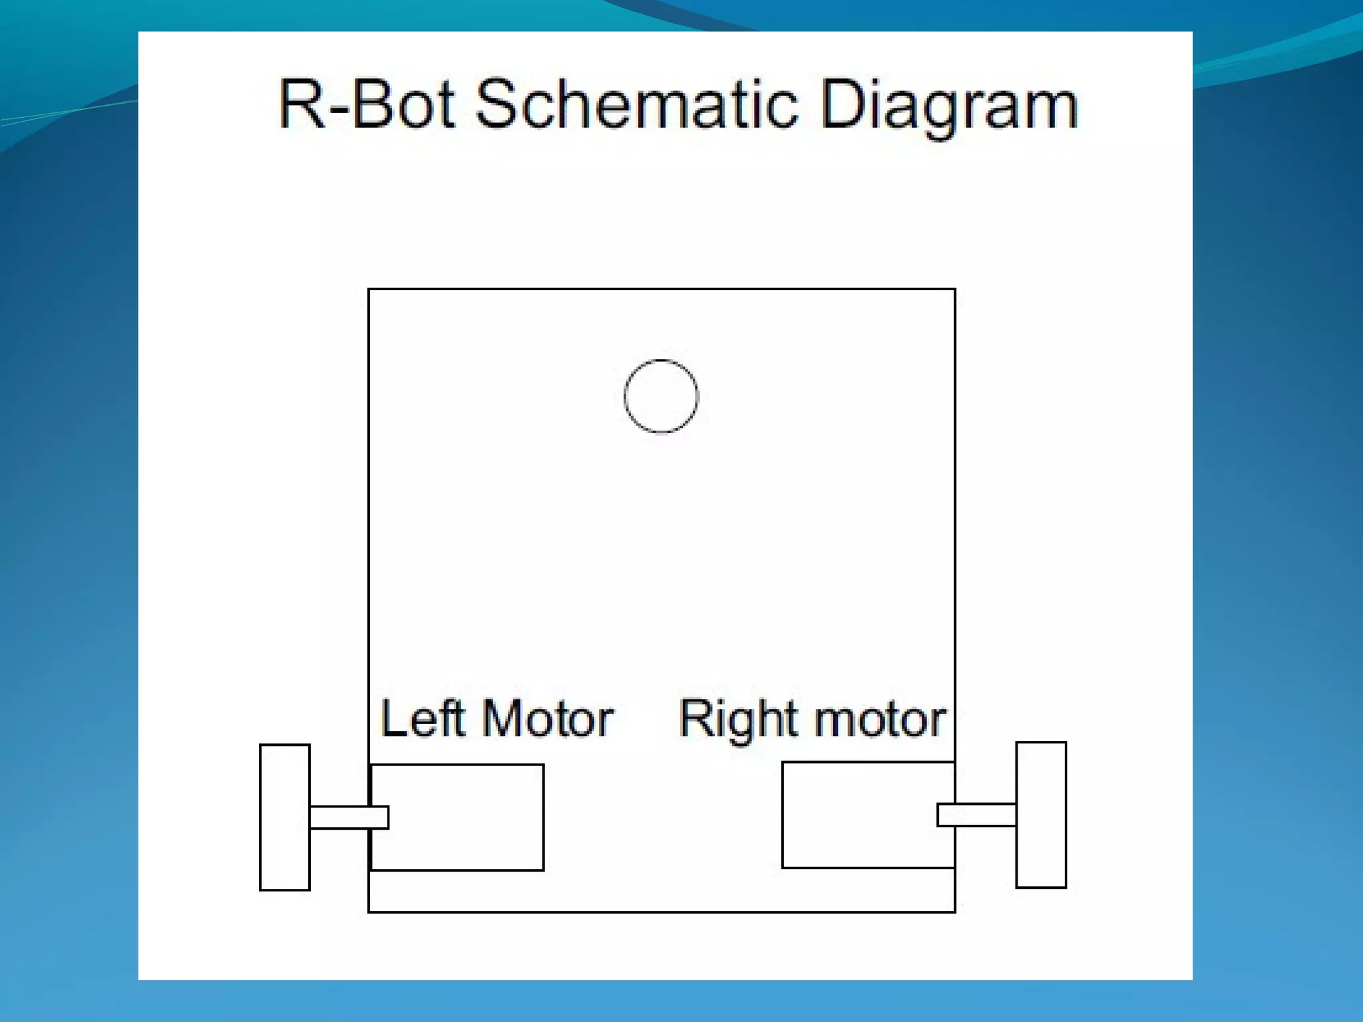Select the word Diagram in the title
coord(948,106)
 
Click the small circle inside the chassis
coord(661,397)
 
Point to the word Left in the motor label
coord(422,719)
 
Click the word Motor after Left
coord(547,719)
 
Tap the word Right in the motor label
coord(735,720)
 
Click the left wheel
coord(285,817)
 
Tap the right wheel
coord(1041,815)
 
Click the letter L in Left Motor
coord(393,719)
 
